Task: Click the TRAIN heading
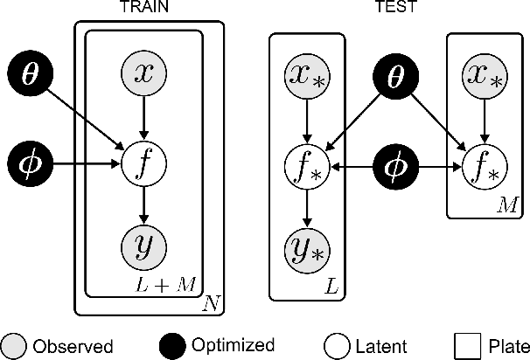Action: coord(144,8)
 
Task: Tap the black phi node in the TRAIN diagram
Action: coord(31,162)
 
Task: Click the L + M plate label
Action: coord(178,285)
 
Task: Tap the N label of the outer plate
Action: coord(211,304)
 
